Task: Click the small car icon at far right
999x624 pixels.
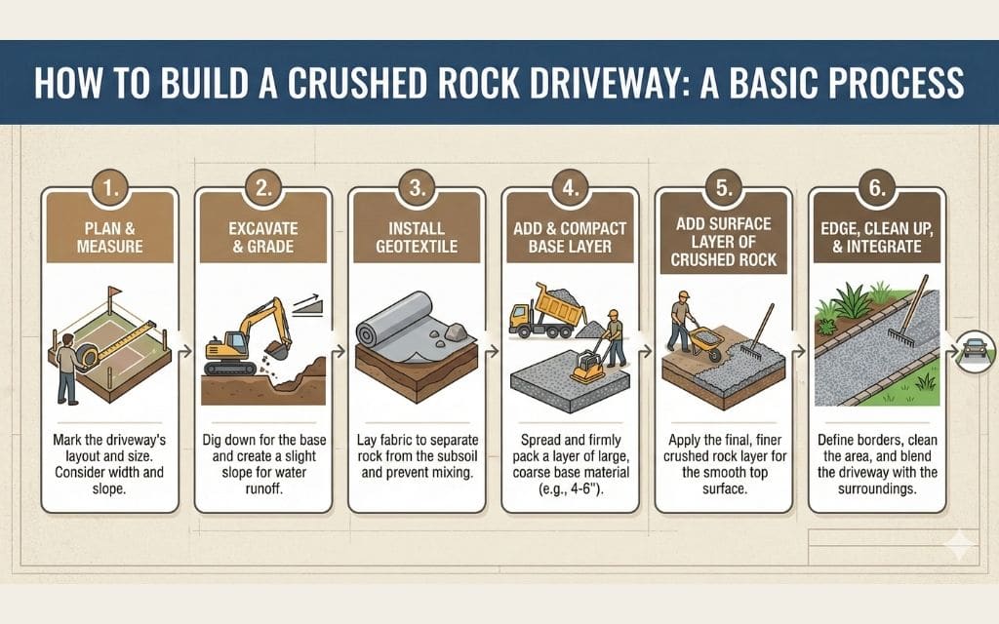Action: [976, 348]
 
